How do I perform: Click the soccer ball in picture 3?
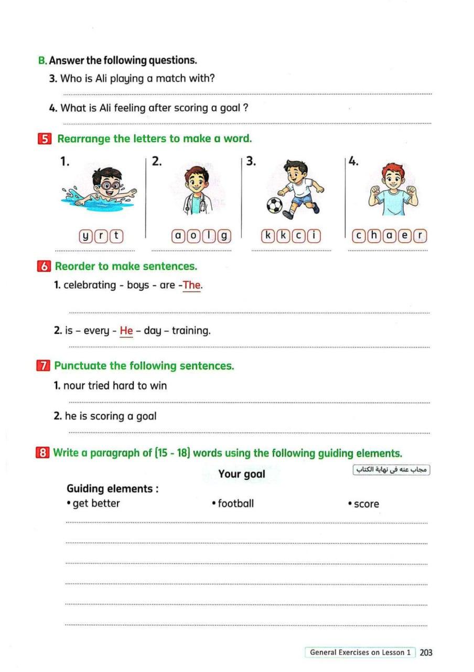coord(274,205)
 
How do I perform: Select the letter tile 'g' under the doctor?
coord(224,237)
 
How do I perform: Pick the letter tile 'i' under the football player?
coord(314,237)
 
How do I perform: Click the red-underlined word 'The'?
coord(192,285)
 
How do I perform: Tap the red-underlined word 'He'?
coord(126,331)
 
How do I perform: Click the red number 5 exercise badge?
coord(45,139)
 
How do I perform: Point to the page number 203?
coord(426,653)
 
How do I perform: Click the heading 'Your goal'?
coord(242,474)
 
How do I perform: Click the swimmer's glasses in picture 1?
coord(108,185)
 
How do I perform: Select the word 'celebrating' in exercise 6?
coord(90,285)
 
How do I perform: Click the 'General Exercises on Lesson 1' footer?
coord(360,653)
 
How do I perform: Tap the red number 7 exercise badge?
coord(44,366)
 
